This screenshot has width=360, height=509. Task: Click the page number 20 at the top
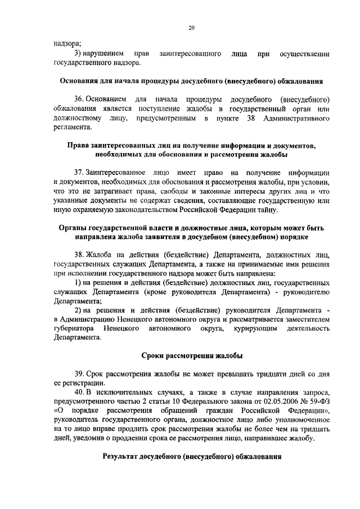coord(191,27)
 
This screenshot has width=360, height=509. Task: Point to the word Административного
coord(294,118)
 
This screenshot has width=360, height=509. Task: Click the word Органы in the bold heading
coord(74,228)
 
